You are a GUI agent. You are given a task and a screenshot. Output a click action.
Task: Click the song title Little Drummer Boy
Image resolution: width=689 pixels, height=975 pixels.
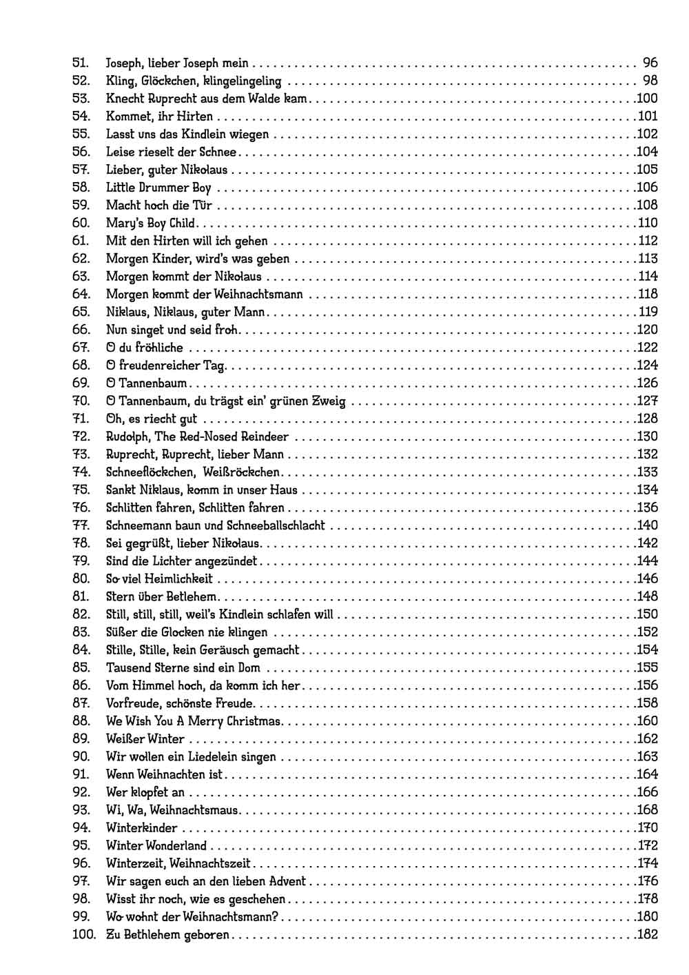click(x=158, y=188)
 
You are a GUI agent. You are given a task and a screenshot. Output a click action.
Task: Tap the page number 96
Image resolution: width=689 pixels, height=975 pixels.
click(x=650, y=63)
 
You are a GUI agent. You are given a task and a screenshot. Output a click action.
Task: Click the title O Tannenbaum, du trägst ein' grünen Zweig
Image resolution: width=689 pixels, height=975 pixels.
click(x=226, y=401)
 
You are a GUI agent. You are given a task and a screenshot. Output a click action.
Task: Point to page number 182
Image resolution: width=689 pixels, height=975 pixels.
click(x=648, y=935)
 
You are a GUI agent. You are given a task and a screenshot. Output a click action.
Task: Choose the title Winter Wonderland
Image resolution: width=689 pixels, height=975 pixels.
click(x=156, y=846)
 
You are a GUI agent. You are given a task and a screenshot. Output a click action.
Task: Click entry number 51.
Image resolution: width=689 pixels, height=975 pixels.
click(x=81, y=63)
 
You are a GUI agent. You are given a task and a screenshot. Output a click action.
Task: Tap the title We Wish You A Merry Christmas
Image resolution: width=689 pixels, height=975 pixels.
click(x=194, y=721)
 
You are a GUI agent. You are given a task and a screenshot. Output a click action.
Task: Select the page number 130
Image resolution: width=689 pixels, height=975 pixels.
click(x=648, y=436)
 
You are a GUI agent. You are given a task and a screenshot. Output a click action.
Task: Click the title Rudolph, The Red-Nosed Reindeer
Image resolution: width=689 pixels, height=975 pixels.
click(x=197, y=436)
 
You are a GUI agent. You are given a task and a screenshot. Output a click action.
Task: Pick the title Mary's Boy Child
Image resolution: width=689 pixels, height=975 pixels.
click(x=151, y=223)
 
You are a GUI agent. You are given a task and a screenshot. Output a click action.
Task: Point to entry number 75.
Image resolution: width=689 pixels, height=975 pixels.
click(x=81, y=490)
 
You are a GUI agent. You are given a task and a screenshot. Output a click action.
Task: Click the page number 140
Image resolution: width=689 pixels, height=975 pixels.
click(x=648, y=525)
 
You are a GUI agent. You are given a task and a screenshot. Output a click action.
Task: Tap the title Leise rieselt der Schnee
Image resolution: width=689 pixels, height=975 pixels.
click(x=171, y=152)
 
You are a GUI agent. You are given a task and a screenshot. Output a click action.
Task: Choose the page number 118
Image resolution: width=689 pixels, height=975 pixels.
click(x=648, y=294)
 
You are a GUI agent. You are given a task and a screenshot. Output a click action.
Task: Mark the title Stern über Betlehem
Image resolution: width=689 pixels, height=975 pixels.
click(x=161, y=597)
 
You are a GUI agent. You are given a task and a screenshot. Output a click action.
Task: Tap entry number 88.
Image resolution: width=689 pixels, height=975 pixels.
click(x=81, y=721)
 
